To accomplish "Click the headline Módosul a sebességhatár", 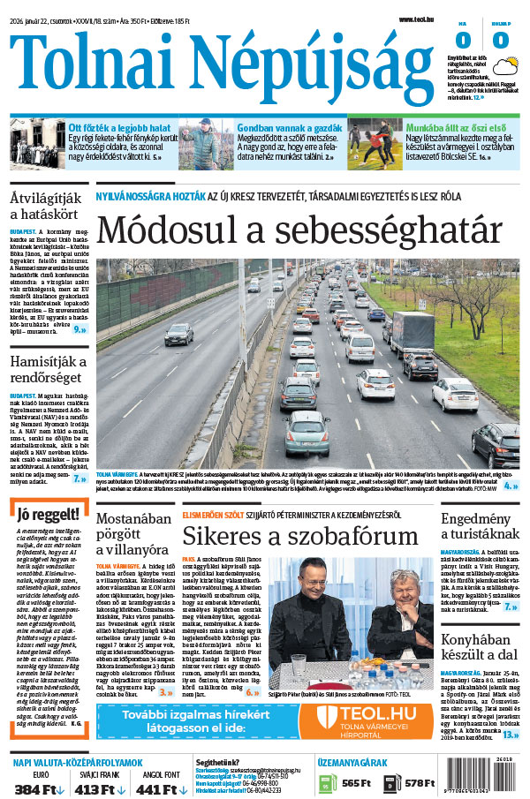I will tap(299, 230).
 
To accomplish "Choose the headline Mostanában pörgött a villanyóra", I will tap(132, 533).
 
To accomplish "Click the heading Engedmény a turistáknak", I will tap(479, 525).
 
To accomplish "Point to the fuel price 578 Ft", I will tap(419, 783).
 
